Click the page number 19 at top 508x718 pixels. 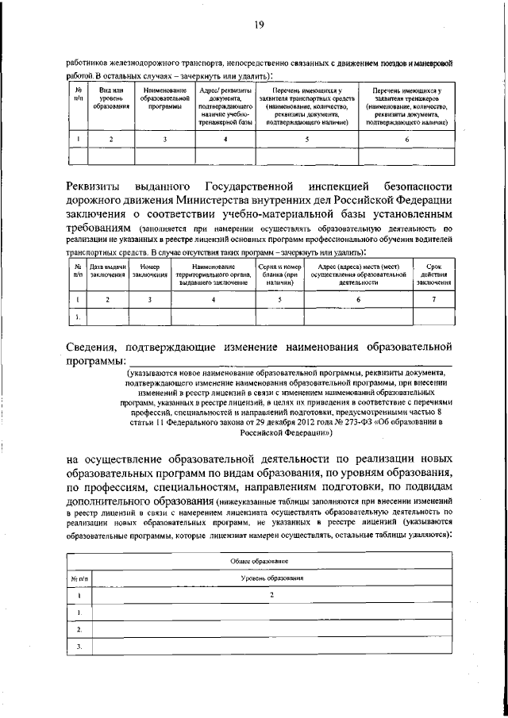point(260,25)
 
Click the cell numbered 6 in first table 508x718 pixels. point(407,140)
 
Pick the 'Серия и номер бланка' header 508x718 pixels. point(280,275)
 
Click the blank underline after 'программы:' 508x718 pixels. point(286,364)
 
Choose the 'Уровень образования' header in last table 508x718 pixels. point(272,578)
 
